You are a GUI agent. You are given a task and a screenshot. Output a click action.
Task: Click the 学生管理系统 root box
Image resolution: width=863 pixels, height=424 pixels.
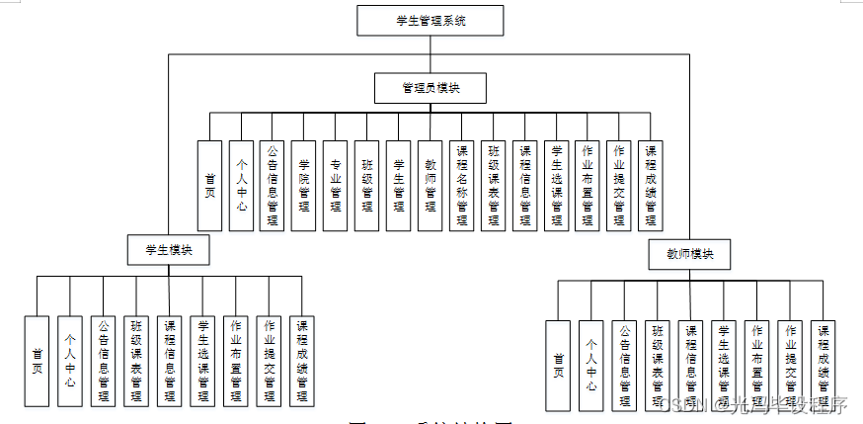(431, 20)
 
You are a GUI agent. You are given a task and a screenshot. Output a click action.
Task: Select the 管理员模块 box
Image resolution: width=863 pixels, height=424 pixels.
(431, 88)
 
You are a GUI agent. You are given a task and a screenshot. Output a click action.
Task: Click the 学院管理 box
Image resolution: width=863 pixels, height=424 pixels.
(304, 185)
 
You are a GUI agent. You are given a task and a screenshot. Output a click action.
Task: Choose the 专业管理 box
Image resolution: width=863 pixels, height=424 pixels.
(336, 185)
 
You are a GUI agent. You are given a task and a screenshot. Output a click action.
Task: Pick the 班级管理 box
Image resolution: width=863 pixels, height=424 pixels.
(367, 185)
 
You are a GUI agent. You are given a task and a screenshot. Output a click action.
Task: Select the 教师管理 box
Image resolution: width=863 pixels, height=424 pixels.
(430, 185)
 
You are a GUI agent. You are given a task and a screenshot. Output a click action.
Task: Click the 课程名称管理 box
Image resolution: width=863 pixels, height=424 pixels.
(461, 185)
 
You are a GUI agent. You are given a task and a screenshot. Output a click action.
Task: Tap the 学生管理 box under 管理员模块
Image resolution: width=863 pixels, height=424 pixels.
(398, 185)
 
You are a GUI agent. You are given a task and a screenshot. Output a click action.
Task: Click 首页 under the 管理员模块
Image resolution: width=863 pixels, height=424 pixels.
(209, 185)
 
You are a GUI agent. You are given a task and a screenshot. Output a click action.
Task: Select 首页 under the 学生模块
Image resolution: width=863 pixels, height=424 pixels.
(37, 360)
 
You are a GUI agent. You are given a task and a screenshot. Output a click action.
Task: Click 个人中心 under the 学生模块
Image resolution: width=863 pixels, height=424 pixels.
(69, 360)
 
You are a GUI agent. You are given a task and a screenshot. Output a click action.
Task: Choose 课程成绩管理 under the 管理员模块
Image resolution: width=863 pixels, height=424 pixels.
(650, 185)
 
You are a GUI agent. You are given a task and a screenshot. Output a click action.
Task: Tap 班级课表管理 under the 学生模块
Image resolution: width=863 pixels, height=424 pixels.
(135, 360)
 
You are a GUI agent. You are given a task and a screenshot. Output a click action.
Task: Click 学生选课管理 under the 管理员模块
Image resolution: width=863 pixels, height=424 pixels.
(556, 185)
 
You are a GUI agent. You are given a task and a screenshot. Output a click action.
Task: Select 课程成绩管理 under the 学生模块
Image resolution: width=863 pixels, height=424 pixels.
(303, 360)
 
